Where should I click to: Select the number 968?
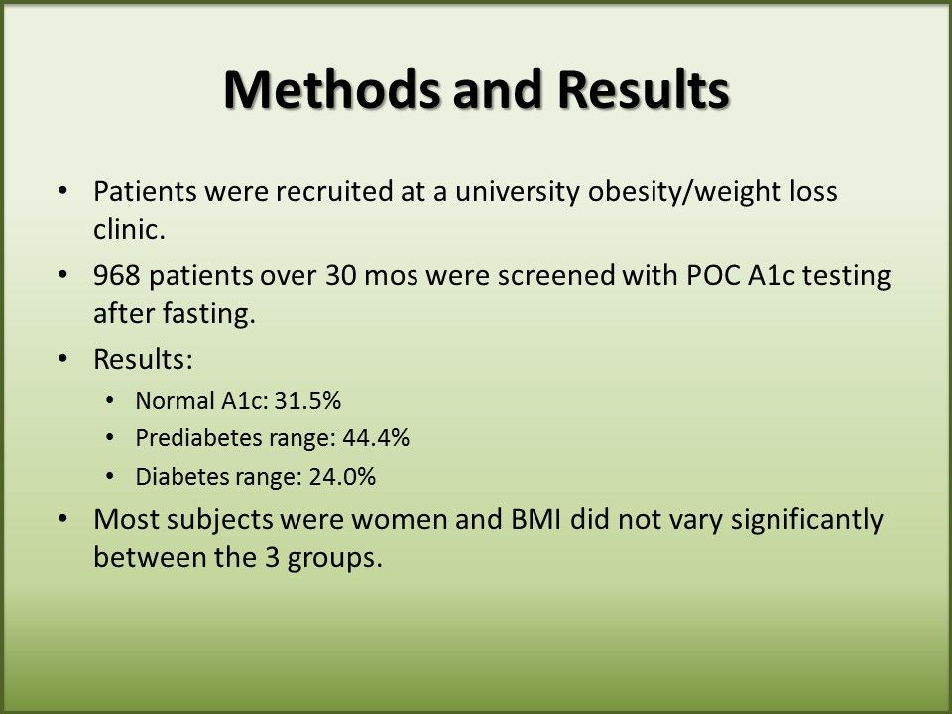[117, 275]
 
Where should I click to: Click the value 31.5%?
[307, 401]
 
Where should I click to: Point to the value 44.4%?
[376, 437]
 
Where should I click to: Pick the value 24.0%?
[342, 477]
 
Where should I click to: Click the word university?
[518, 192]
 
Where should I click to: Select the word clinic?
[129, 229]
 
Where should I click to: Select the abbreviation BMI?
[535, 519]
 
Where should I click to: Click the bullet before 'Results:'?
[63, 359]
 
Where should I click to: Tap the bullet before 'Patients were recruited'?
[63, 191]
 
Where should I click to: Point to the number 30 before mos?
[340, 275]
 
